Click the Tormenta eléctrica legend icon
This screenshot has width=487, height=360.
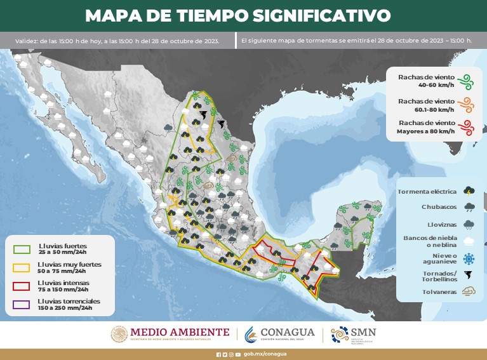pos(469,190)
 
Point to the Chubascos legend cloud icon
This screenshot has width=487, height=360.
pos(469,207)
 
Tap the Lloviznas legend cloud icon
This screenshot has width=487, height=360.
pos(469,224)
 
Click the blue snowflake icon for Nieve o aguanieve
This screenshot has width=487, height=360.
pos(469,258)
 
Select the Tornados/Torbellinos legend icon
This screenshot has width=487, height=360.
pos(469,276)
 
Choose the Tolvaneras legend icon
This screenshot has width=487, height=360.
pos(469,292)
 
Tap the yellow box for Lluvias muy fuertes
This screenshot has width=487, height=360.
pos(22,266)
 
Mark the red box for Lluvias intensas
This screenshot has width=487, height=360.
pos(22,284)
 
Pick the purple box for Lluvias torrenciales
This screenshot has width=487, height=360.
pos(22,303)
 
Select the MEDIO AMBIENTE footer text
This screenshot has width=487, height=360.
pos(180,331)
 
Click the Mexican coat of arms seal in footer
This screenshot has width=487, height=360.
pos(119,334)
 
